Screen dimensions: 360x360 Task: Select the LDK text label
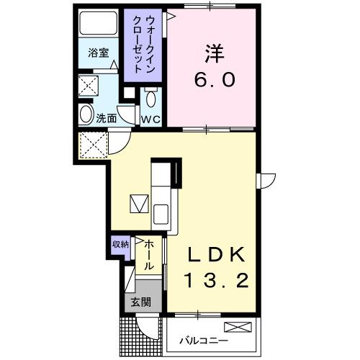click(x=218, y=255)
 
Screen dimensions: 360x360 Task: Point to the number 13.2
click(x=218, y=280)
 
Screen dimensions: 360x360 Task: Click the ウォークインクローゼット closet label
click(x=143, y=45)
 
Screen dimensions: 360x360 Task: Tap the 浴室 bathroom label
click(x=98, y=52)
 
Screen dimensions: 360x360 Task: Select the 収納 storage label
click(x=120, y=243)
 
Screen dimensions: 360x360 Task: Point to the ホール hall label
click(x=147, y=256)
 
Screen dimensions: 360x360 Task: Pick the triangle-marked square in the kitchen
click(x=138, y=204)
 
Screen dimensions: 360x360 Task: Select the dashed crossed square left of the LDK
click(x=93, y=145)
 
